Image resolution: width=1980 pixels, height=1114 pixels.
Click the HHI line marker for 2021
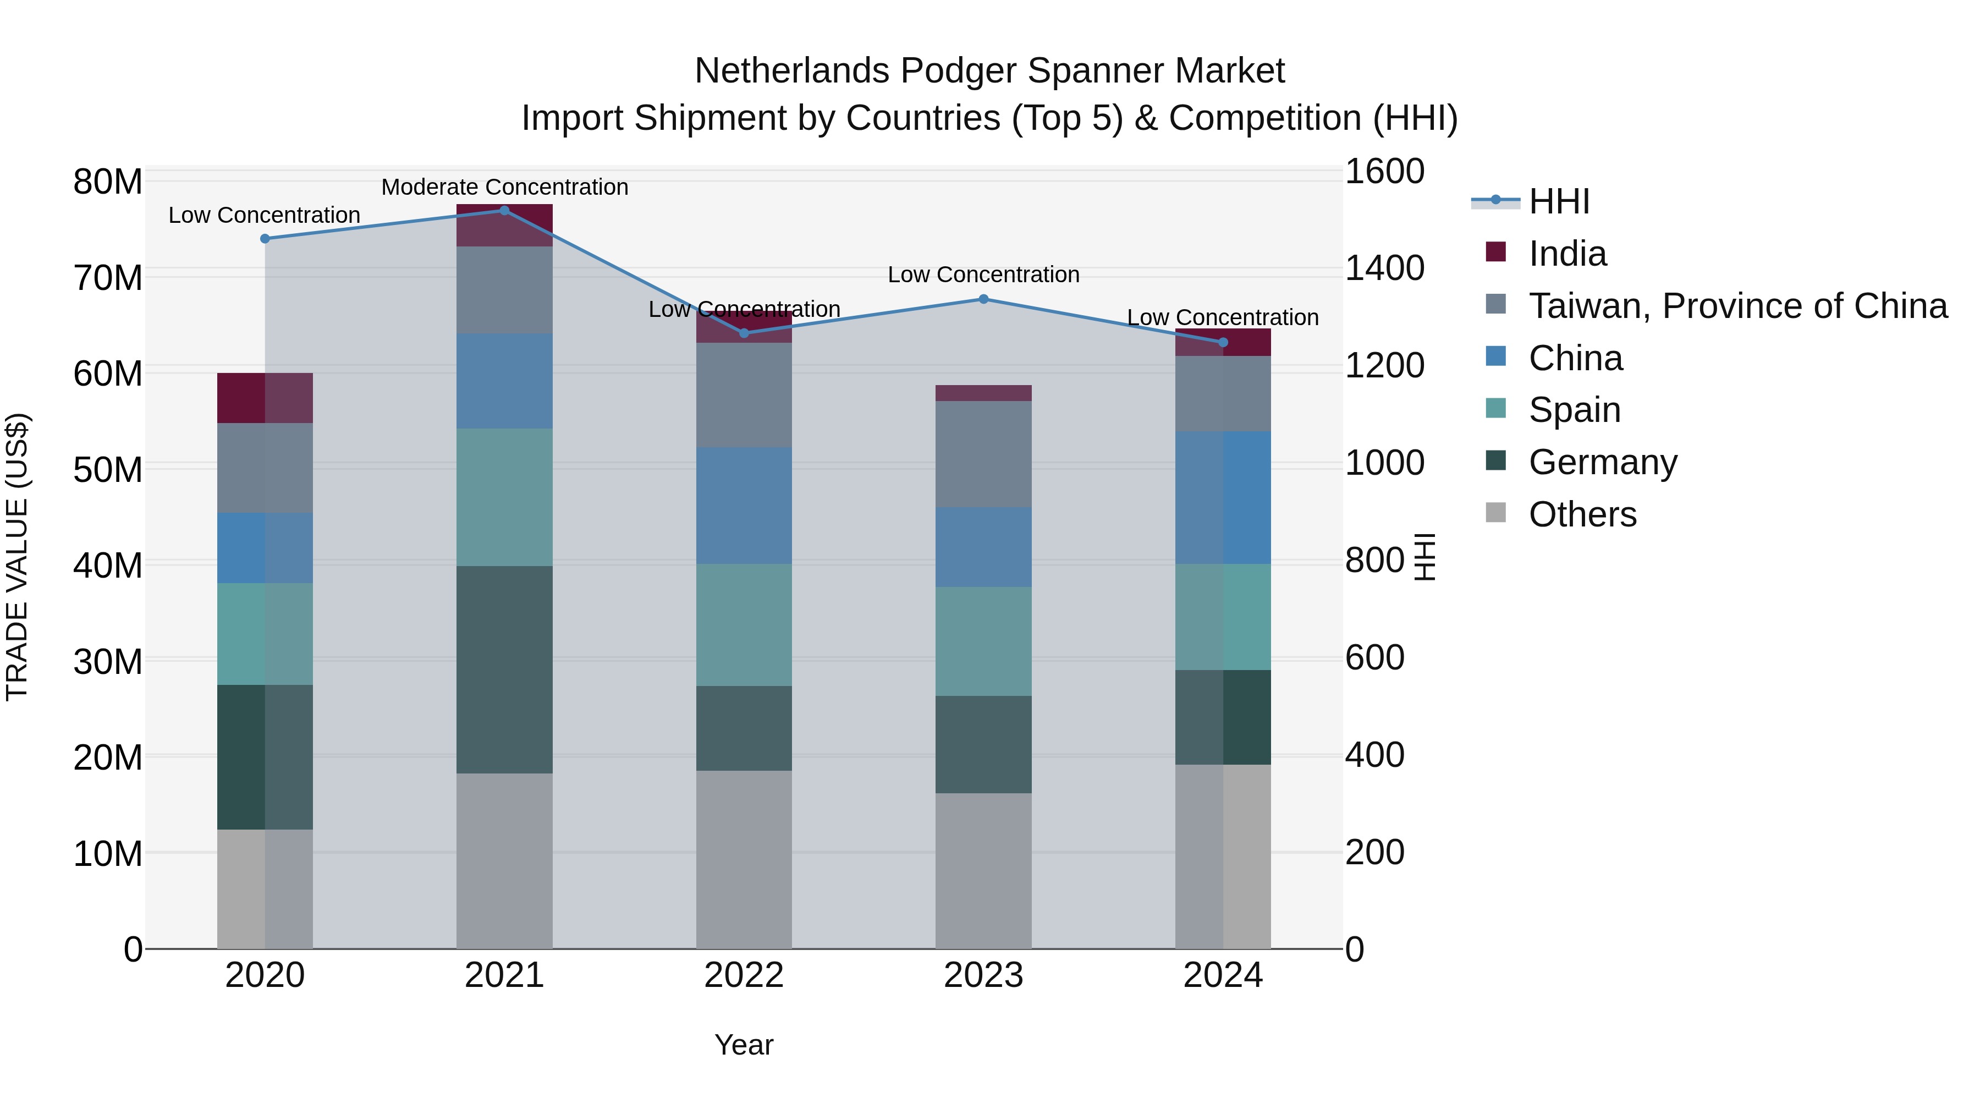tap(504, 210)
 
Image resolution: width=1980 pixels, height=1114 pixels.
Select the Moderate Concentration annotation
tap(504, 187)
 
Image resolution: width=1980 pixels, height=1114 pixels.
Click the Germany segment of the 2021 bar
tap(504, 669)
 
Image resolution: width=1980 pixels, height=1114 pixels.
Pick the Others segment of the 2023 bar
tap(983, 870)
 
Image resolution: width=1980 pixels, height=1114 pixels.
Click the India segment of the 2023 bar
tap(983, 393)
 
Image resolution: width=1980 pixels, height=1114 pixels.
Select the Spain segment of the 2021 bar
tap(504, 497)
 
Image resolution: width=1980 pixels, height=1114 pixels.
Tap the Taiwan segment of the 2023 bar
tap(983, 454)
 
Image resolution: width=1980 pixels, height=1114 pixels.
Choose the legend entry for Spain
tap(1574, 410)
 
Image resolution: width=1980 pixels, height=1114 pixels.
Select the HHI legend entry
tap(1558, 201)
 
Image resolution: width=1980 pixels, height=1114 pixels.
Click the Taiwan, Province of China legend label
tap(1737, 306)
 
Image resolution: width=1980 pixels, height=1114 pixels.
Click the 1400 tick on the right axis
tap(1384, 268)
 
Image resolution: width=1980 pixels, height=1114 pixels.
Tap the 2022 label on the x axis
tap(743, 975)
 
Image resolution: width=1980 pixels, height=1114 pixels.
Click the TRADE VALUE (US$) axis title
tap(18, 557)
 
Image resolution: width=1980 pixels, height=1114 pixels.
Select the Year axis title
tap(743, 1045)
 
